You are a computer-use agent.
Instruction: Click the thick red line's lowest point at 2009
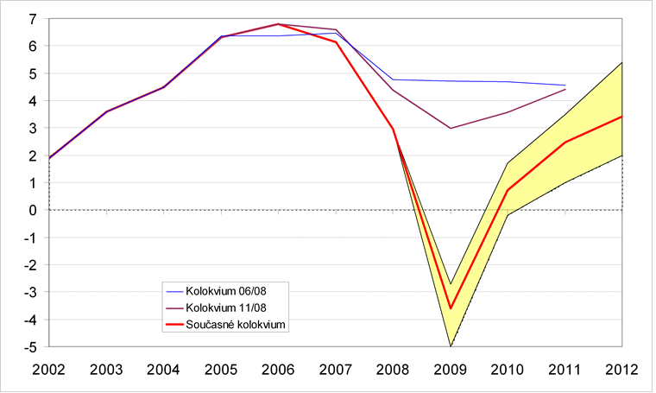pyautogui.click(x=451, y=308)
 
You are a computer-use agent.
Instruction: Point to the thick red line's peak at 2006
pyautogui.click(x=279, y=24)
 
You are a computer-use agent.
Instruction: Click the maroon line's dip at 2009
pyautogui.click(x=451, y=128)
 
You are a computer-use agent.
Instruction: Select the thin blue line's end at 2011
pyautogui.click(x=565, y=86)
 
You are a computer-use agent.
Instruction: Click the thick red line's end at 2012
pyautogui.click(x=622, y=117)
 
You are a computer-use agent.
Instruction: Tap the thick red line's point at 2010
pyautogui.click(x=508, y=190)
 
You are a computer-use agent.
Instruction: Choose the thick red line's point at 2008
pyautogui.click(x=394, y=129)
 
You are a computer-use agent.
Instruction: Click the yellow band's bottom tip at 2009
pyautogui.click(x=451, y=345)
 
